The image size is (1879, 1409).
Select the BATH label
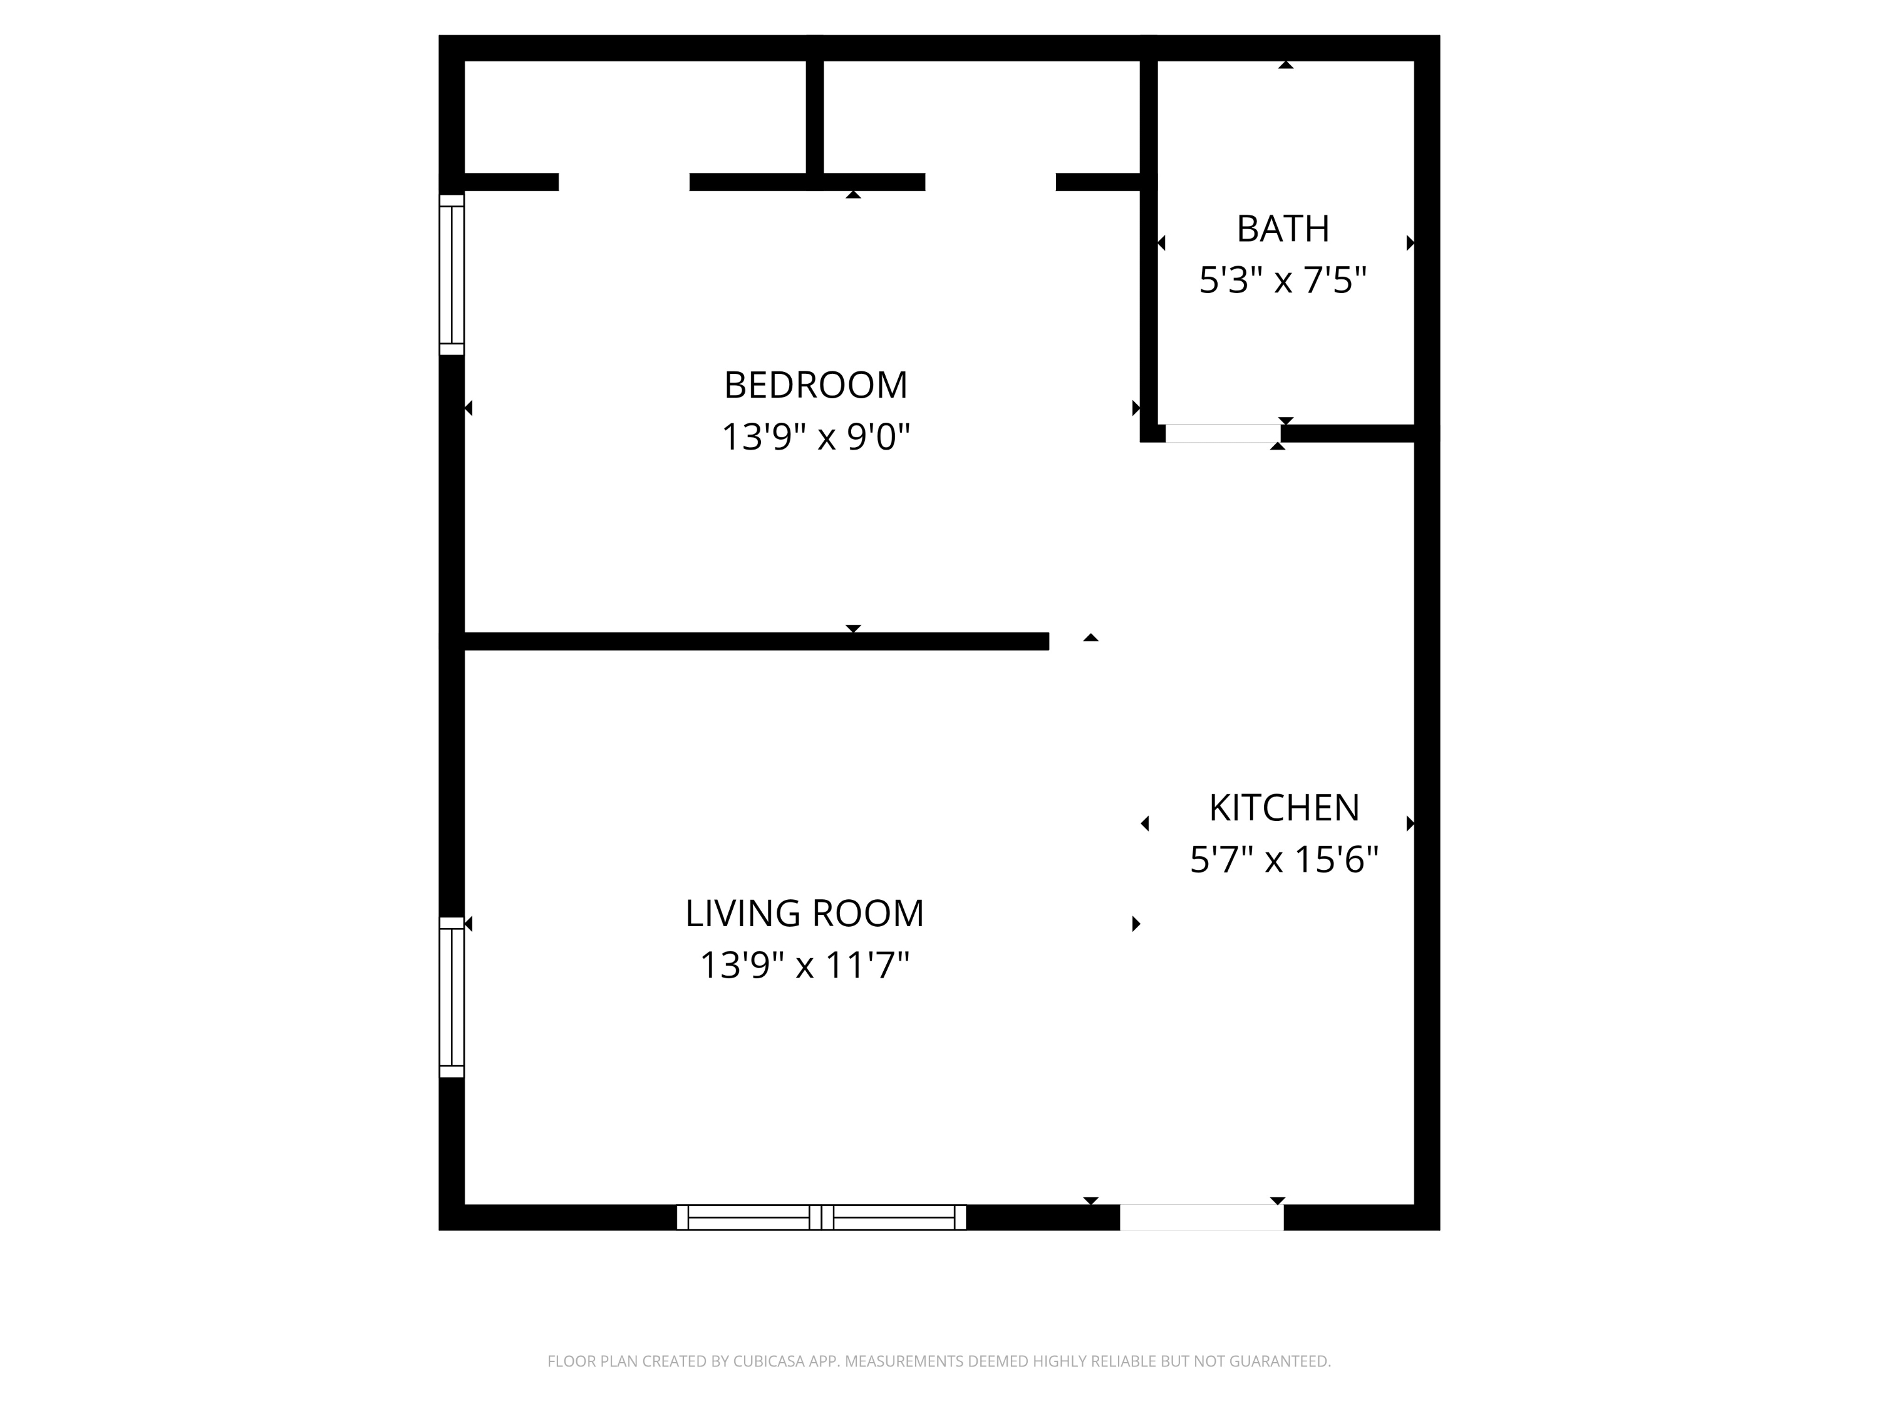[x=1283, y=229]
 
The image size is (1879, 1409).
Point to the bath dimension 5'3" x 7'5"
[x=1283, y=281]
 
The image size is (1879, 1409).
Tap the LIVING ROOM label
[x=804, y=914]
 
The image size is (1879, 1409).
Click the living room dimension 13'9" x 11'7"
[x=804, y=966]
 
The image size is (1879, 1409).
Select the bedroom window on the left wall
[x=452, y=275]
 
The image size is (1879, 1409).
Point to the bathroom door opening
[x=1223, y=433]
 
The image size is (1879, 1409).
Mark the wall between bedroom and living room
[x=756, y=641]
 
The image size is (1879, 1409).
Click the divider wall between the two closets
[x=815, y=115]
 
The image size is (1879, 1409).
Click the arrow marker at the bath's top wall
[x=1286, y=65]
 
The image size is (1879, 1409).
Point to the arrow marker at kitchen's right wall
[x=1410, y=823]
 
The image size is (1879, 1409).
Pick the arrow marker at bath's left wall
[x=1161, y=244]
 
